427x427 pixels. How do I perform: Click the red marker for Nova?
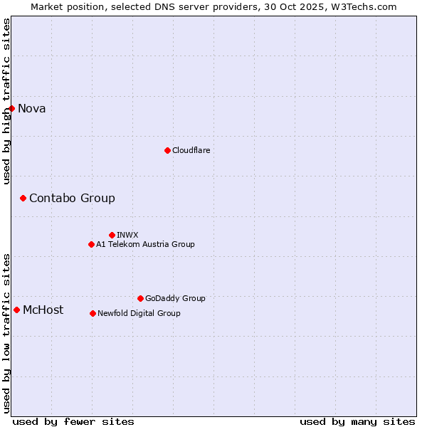pos(11,108)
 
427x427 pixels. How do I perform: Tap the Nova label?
pos(32,108)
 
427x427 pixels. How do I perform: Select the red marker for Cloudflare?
pos(167,150)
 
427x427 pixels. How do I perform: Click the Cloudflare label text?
pos(191,150)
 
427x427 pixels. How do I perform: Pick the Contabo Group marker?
pos(23,198)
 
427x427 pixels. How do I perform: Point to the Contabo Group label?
pos(72,198)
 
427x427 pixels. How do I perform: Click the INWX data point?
pos(112,235)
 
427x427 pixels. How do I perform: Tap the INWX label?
pos(127,235)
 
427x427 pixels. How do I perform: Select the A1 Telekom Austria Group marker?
pos(91,244)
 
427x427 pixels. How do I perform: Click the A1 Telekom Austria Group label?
pos(145,244)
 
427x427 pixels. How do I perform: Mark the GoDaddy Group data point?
pos(140,298)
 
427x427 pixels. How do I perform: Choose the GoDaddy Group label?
pos(175,298)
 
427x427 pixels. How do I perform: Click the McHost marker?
pos(16,310)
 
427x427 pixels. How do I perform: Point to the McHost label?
pos(43,310)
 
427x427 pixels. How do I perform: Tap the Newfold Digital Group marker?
pos(93,313)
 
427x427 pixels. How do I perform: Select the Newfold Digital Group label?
pos(139,313)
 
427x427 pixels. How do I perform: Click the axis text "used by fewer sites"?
pos(73,421)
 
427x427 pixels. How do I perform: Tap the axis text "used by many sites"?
pos(357,421)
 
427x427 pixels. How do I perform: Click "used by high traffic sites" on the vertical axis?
pos(6,101)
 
